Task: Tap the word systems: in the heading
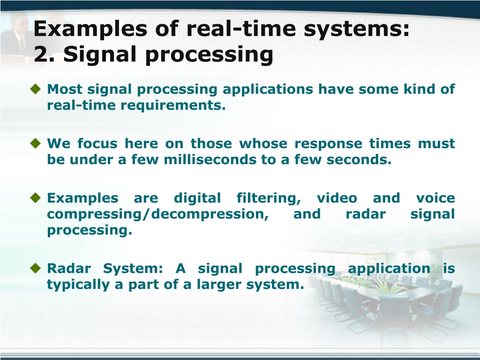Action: [356, 30]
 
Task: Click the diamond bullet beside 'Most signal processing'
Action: [36, 89]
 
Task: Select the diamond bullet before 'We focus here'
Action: [36, 143]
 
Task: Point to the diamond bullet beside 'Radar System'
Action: [36, 268]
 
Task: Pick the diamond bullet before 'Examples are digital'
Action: [36, 198]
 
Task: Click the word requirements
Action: [173, 106]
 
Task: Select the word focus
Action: [97, 143]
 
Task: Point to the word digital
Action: [197, 199]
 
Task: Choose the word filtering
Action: [269, 199]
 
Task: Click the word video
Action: [337, 198]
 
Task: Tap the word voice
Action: [435, 198]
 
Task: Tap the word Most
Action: [65, 90]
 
